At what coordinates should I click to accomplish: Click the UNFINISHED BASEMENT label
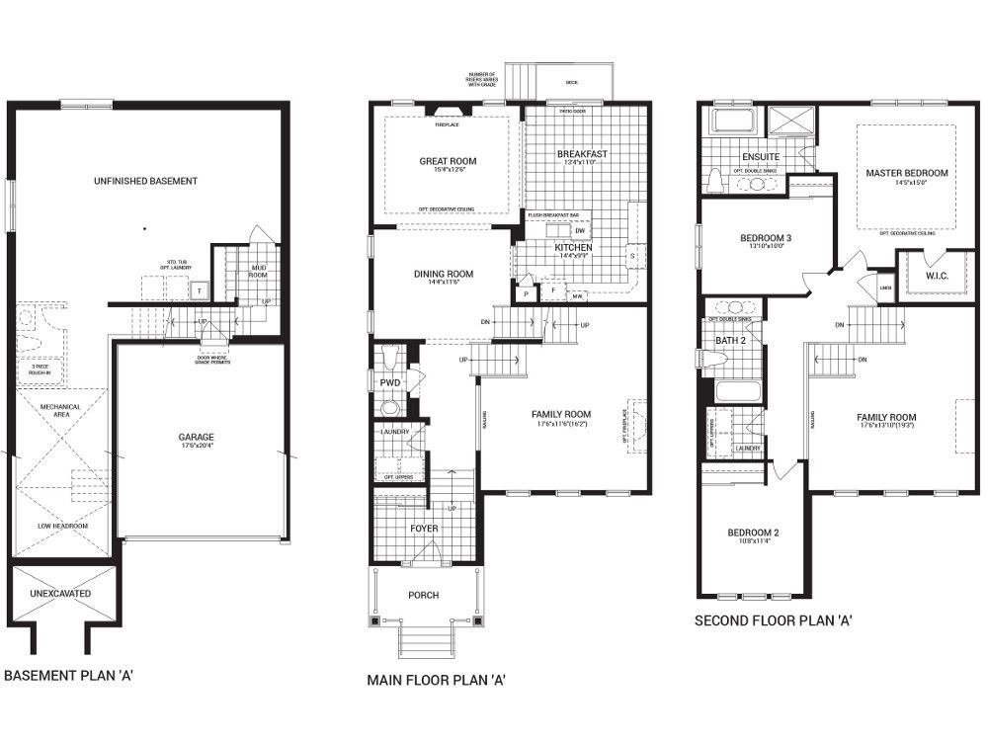click(x=145, y=181)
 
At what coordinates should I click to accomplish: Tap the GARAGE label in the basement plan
click(x=196, y=437)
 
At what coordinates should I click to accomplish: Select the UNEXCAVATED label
click(x=61, y=594)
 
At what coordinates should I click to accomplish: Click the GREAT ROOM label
click(x=448, y=161)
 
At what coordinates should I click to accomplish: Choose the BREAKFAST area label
click(x=582, y=154)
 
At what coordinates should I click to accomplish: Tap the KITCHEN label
click(x=573, y=247)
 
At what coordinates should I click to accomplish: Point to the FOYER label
click(x=424, y=529)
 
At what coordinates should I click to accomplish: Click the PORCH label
click(x=424, y=595)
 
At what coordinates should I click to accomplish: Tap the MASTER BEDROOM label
click(x=906, y=173)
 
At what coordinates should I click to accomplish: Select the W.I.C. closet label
click(x=936, y=276)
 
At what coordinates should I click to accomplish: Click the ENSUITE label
click(x=761, y=157)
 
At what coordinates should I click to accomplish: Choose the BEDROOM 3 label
click(x=766, y=238)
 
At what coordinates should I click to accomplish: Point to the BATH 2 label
click(x=730, y=341)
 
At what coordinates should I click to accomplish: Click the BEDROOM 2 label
click(x=753, y=534)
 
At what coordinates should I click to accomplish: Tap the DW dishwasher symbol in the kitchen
click(x=580, y=231)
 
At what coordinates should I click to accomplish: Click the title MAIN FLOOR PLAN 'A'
click(x=436, y=680)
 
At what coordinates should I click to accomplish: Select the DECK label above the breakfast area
click(x=571, y=83)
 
